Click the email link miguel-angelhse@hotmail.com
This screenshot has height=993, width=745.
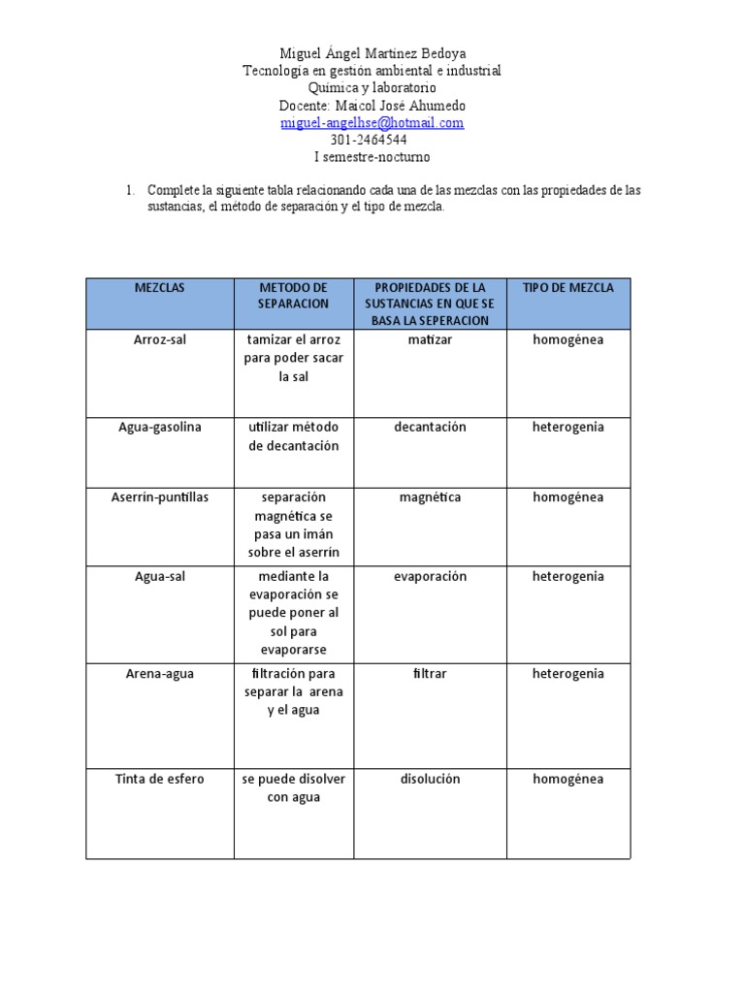[x=372, y=123]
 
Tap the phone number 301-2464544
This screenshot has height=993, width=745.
[x=372, y=140]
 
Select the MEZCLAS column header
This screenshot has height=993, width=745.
[x=160, y=288]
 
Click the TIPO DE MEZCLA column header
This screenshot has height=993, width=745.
[x=567, y=288]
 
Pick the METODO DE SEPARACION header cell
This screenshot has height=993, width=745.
[x=293, y=296]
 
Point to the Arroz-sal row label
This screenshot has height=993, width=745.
[x=160, y=340]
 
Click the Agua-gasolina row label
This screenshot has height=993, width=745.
[x=160, y=428]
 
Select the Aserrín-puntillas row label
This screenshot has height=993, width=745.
[x=160, y=497]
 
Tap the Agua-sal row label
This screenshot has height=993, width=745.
[x=160, y=577]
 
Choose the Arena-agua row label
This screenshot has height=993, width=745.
[x=160, y=674]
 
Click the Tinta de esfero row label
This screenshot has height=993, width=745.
[x=160, y=780]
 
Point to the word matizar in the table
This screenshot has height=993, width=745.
[x=430, y=340]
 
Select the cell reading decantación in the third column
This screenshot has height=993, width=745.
[x=430, y=428]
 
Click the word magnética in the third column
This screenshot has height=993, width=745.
[x=430, y=497]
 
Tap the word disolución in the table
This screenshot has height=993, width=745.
[x=430, y=780]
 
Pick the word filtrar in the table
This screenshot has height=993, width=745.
[x=430, y=674]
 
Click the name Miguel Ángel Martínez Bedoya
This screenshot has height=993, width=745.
[x=372, y=54]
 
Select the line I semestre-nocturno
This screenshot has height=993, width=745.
[x=372, y=157]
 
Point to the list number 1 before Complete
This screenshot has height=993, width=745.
[x=129, y=190]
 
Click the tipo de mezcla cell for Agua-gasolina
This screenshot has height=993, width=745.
[x=567, y=428]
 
